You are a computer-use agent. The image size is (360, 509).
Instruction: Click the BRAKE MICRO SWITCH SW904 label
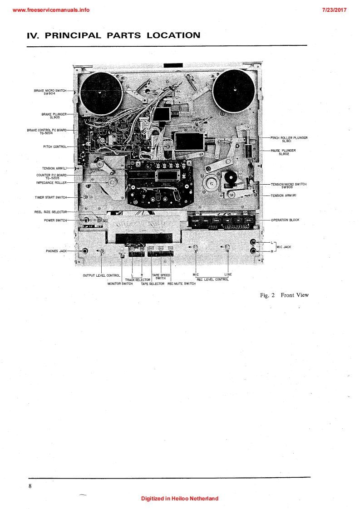click(50, 92)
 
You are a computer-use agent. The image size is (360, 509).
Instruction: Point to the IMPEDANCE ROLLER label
click(51, 182)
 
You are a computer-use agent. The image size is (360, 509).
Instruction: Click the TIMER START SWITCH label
click(50, 197)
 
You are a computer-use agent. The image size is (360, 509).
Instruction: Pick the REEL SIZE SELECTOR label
click(50, 212)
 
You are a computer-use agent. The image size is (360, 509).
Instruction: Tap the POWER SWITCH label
click(55, 220)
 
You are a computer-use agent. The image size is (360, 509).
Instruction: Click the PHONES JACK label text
click(56, 251)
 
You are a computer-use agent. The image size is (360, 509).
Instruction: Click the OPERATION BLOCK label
click(285, 220)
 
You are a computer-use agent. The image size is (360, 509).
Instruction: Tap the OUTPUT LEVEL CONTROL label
click(101, 275)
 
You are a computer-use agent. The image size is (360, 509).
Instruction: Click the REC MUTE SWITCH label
click(182, 284)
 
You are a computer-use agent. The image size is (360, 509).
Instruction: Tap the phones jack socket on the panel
click(85, 251)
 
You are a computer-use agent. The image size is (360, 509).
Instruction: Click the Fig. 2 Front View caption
click(284, 295)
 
